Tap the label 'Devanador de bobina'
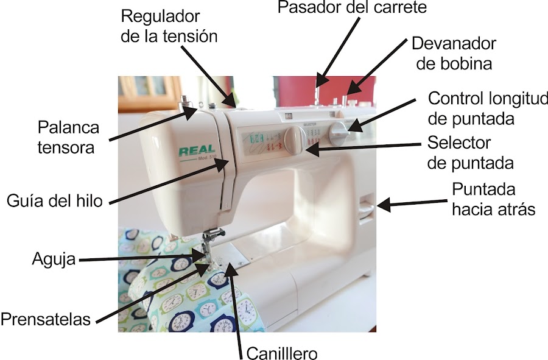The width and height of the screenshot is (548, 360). [x=453, y=53]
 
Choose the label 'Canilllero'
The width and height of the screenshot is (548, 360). [x=282, y=353]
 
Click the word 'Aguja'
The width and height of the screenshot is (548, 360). [x=53, y=259]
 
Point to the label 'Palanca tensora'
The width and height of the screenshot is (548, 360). [x=66, y=138]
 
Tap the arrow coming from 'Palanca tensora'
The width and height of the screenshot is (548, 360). [x=152, y=125]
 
